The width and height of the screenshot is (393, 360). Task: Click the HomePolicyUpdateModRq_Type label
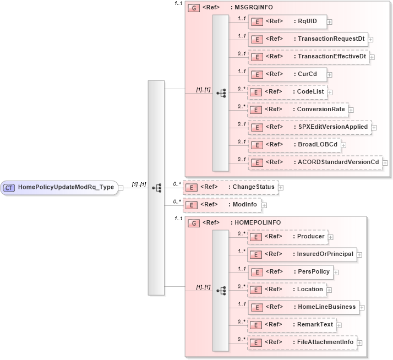click(x=66, y=187)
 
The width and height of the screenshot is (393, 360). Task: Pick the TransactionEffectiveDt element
click(x=308, y=56)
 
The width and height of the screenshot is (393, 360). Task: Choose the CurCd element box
click(x=287, y=74)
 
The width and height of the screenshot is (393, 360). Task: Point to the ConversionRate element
click(x=298, y=109)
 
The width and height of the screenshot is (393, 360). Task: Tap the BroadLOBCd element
click(x=294, y=145)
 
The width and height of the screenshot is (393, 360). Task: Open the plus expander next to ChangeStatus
click(x=281, y=187)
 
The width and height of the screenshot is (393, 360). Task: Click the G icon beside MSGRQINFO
click(x=194, y=8)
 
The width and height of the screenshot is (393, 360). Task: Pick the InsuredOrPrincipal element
click(x=302, y=254)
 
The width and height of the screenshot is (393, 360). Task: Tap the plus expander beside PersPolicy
click(x=336, y=272)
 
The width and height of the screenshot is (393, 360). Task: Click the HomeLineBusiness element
click(x=303, y=307)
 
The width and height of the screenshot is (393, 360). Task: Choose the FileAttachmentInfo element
click(x=302, y=342)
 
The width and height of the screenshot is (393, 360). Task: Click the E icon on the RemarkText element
click(x=255, y=325)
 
